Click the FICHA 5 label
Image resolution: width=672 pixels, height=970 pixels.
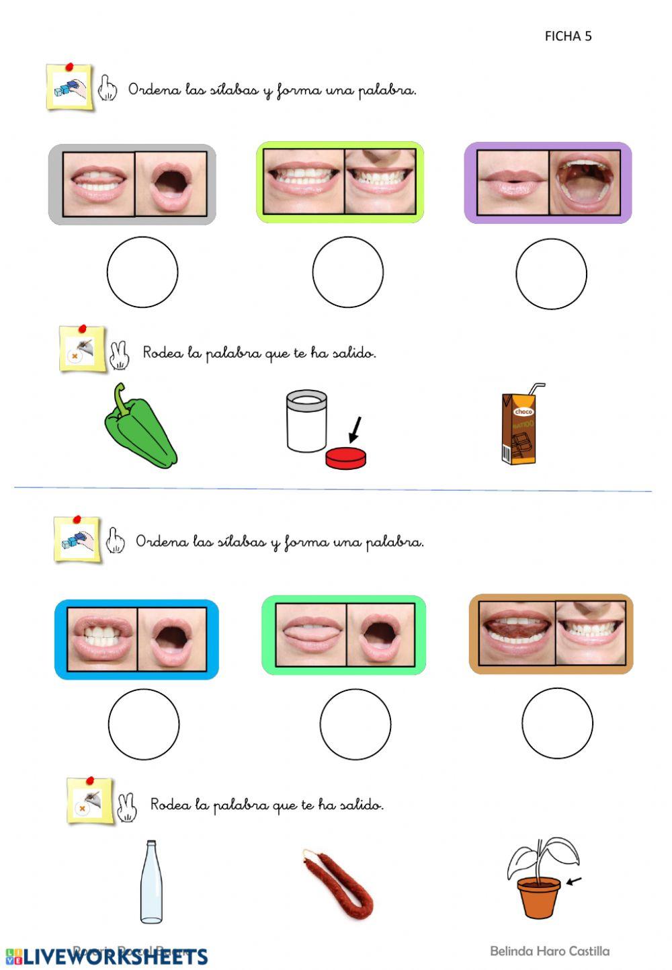click(568, 36)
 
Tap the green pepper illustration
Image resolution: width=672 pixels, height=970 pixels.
click(139, 428)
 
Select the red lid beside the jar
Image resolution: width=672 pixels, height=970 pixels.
click(346, 458)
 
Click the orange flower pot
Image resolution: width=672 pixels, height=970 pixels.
click(538, 897)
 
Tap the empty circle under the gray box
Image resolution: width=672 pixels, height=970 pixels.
click(142, 272)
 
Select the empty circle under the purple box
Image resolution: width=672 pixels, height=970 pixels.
click(551, 274)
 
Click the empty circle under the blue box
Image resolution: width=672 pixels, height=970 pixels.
click(144, 724)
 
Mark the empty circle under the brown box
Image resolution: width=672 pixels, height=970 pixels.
click(557, 723)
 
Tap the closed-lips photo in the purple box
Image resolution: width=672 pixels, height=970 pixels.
click(513, 183)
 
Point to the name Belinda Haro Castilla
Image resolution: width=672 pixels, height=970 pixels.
click(550, 951)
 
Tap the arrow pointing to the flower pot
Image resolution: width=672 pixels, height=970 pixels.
click(575, 881)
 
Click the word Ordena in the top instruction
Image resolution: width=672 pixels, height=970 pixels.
click(155, 89)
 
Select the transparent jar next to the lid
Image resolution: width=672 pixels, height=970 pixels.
click(306, 421)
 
